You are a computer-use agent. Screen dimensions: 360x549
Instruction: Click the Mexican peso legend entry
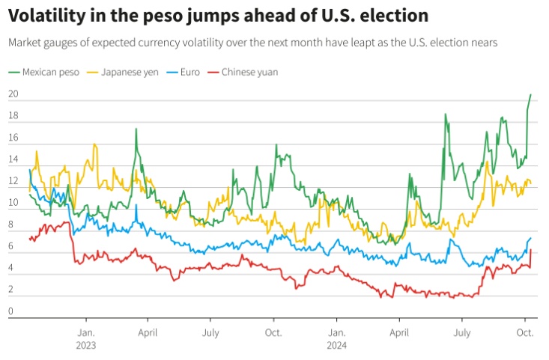45,73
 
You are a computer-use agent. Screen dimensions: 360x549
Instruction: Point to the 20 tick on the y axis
13,94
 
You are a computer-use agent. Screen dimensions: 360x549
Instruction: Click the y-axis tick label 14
13,159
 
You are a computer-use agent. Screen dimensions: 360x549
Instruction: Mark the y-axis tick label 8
11,225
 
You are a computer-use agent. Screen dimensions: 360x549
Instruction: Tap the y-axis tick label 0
11,311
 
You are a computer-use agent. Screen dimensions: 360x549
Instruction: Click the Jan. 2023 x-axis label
85,338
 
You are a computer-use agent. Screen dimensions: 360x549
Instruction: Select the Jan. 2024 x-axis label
337,338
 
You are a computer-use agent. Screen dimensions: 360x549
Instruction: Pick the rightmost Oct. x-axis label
525,332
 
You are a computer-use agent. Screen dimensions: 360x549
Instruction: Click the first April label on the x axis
148,332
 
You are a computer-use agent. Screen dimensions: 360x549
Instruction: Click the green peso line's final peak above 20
531,95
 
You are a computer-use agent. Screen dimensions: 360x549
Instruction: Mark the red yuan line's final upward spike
531,251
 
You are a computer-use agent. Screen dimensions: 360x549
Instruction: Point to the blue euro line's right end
531,238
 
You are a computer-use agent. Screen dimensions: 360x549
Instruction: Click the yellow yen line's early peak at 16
94,144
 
